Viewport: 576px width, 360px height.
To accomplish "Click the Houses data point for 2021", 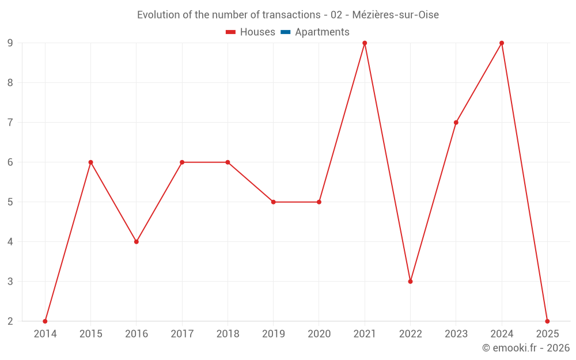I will point(365,43).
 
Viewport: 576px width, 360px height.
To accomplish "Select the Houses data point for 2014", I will point(45,321).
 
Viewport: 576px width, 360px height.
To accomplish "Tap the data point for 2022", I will point(410,281).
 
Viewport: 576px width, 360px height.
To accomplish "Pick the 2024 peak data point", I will point(502,43).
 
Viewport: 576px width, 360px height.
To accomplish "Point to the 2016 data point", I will point(137,241).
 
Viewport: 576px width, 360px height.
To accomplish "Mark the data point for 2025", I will point(547,321).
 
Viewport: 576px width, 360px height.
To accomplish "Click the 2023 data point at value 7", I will point(456,122).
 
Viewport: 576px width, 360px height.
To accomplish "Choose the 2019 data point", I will point(273,202).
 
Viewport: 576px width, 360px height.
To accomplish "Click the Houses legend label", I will point(257,32).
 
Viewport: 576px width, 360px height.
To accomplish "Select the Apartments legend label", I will point(322,32).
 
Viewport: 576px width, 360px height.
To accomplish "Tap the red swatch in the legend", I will point(231,32).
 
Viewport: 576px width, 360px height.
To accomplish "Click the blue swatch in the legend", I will point(286,32).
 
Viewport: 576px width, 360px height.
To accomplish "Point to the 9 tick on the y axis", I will point(10,43).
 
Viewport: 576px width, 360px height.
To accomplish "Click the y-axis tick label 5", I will point(10,202).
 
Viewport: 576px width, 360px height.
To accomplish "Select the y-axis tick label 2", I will point(10,321).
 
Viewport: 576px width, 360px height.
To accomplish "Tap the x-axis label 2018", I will point(228,334).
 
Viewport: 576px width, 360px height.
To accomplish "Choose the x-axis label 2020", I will point(319,334).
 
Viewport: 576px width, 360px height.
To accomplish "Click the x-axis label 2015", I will point(90,334).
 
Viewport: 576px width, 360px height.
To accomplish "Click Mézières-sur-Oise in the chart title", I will point(397,15).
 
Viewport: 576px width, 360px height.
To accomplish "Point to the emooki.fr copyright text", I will point(526,348).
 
